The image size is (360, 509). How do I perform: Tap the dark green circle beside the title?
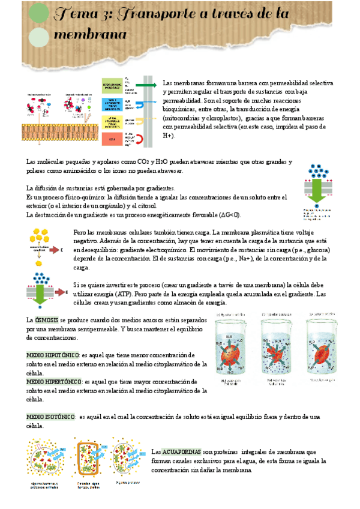[x=39, y=13]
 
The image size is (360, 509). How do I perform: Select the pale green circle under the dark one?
[x=39, y=37]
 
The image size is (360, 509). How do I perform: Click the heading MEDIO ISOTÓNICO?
[x=52, y=416]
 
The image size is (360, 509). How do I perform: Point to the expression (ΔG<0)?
[x=229, y=214]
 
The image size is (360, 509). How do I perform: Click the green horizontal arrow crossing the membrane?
[x=147, y=85]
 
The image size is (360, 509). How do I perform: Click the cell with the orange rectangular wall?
[x=91, y=460]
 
